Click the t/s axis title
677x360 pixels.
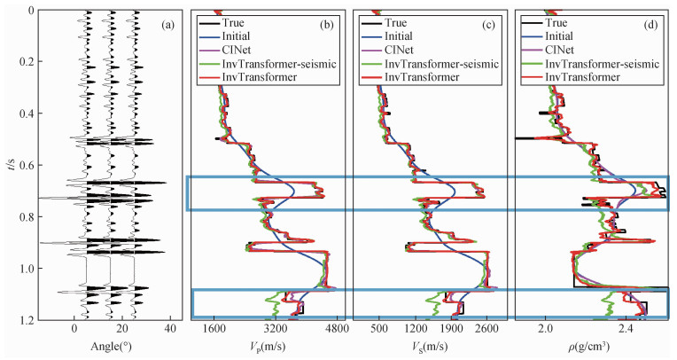[x=7, y=164]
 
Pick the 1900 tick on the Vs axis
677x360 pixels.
[x=452, y=331]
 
